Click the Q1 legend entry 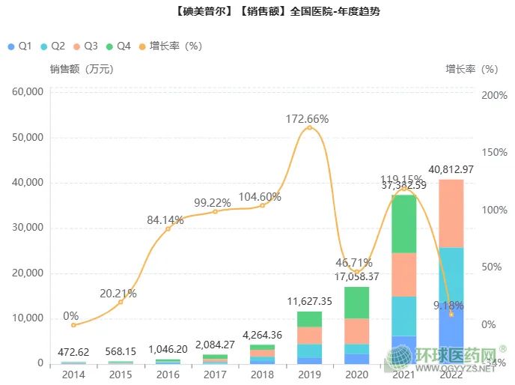tap(19, 46)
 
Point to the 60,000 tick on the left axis tap(28, 92)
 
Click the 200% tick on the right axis tap(494, 97)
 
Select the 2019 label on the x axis tap(309, 375)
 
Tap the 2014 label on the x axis tap(73, 375)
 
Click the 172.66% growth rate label tap(307, 118)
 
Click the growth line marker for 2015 tap(121, 302)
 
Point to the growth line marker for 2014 tap(73, 325)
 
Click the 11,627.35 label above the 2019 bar tap(308, 302)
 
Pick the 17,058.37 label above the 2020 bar tap(357, 276)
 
